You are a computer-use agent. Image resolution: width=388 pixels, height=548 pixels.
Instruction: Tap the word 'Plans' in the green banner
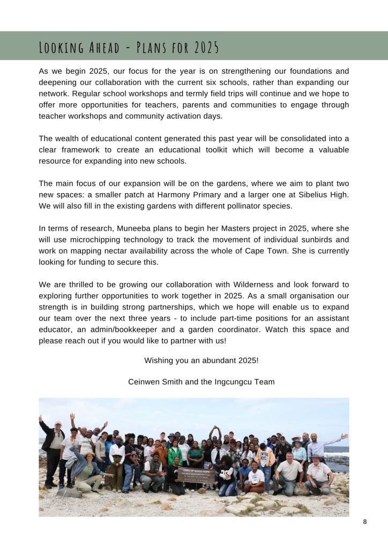(153, 48)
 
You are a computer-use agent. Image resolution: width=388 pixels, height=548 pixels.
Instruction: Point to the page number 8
(365, 522)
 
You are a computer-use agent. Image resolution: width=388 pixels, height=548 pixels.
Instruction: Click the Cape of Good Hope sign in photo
(197, 475)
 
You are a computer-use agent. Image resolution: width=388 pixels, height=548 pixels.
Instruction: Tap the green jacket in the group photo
(175, 456)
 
